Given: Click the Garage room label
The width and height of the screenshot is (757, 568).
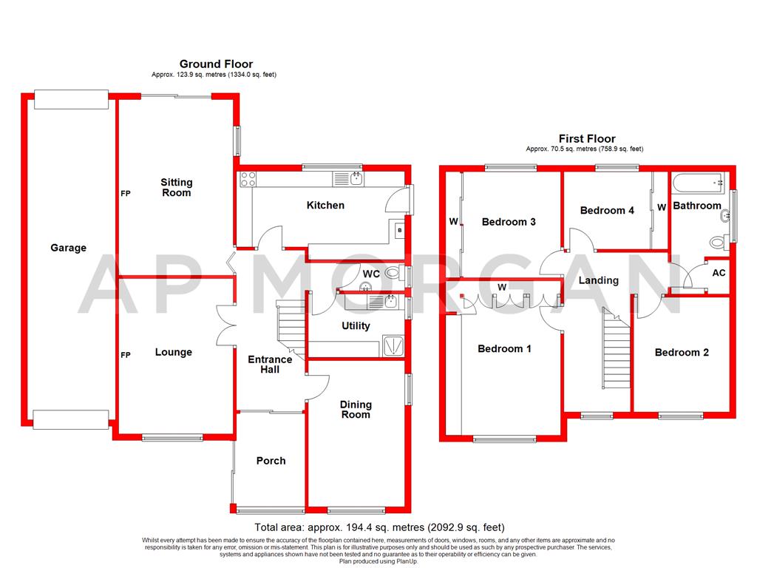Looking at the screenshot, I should pyautogui.click(x=68, y=248).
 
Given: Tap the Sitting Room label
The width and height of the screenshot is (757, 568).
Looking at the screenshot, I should pyautogui.click(x=177, y=187).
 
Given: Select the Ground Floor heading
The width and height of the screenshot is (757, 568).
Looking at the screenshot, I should pyautogui.click(x=216, y=64).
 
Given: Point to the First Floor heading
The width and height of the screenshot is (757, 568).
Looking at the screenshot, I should pyautogui.click(x=587, y=138).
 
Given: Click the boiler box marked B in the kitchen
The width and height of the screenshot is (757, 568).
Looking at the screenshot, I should pyautogui.click(x=400, y=229).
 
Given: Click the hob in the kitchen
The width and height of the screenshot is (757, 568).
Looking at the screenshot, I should pyautogui.click(x=248, y=179).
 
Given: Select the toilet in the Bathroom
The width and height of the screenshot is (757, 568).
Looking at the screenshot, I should pyautogui.click(x=716, y=242).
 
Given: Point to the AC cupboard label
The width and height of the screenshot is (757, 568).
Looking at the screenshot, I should pyautogui.click(x=719, y=273).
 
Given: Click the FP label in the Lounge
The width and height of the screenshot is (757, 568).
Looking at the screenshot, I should pyautogui.click(x=126, y=355).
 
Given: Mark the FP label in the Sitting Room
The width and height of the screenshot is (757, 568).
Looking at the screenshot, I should pyautogui.click(x=126, y=194).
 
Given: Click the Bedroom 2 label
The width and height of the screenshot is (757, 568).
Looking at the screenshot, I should pyautogui.click(x=682, y=352).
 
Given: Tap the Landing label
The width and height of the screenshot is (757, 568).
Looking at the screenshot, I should pyautogui.click(x=599, y=280).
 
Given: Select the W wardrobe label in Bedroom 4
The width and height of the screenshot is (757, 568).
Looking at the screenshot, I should pyautogui.click(x=662, y=207).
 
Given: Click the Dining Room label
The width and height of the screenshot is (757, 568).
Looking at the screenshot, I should pyautogui.click(x=356, y=410).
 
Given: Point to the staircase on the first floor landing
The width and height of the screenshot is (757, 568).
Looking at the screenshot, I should pyautogui.click(x=615, y=348).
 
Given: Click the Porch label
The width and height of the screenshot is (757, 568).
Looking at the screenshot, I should pyautogui.click(x=271, y=461).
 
